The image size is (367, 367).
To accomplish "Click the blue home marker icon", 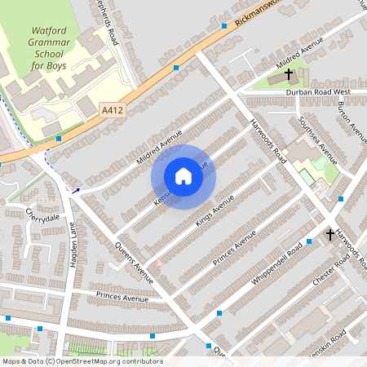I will click(183, 176).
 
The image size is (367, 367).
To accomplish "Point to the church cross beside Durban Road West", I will click(289, 75).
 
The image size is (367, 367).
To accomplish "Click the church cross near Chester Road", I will click(329, 234).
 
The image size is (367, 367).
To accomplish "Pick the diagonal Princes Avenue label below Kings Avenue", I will click(234, 245).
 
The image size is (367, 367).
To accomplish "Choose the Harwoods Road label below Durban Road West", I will click(267, 137).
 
